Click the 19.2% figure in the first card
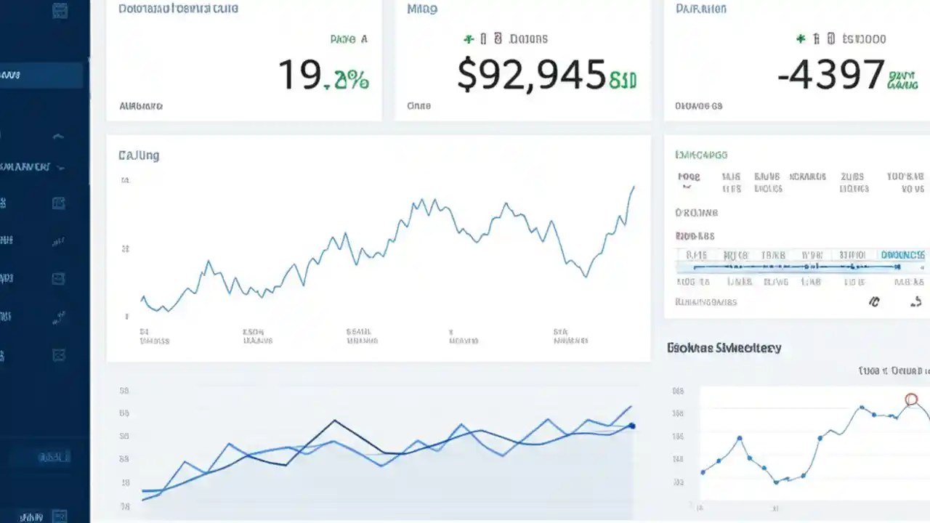(323, 75)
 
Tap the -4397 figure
(830, 75)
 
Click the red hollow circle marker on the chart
(912, 399)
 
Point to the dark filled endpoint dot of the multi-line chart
(632, 426)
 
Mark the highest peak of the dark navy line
(335, 420)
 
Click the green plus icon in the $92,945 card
(469, 38)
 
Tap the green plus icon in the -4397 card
(801, 38)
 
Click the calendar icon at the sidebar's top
(60, 10)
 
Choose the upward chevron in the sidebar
(59, 136)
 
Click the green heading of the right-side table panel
(701, 155)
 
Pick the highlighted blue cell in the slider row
(902, 255)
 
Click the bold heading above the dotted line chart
(724, 348)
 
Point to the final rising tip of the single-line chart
(634, 187)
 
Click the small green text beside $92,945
(623, 80)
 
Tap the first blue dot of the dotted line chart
(703, 472)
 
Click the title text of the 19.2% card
(178, 9)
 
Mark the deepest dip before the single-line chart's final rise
(586, 277)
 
